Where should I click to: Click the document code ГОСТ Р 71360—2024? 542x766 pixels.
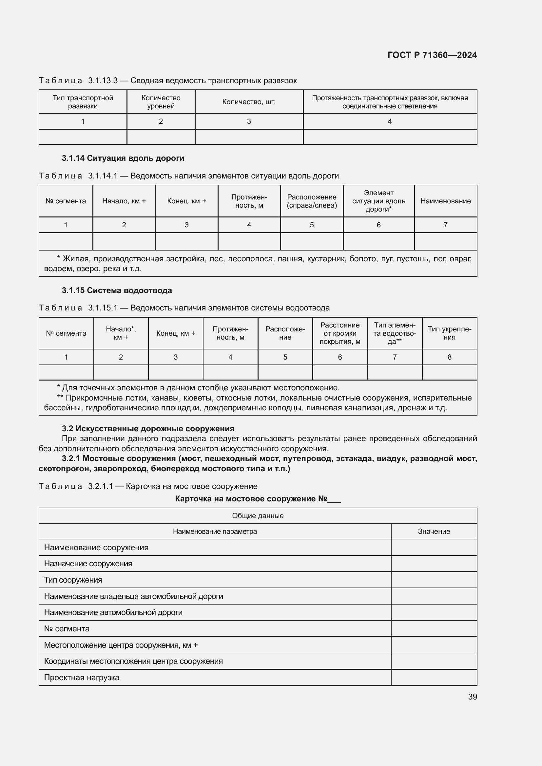click(432, 55)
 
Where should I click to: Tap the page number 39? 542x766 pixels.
click(472, 697)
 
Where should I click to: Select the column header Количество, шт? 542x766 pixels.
click(249, 102)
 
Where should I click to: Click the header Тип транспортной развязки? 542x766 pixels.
click(83, 102)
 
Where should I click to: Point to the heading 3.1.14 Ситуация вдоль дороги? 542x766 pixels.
click(123, 158)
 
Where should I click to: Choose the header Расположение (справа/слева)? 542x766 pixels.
click(312, 201)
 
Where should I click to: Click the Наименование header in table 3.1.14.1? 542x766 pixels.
click(445, 201)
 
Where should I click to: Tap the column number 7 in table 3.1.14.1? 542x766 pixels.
click(445, 225)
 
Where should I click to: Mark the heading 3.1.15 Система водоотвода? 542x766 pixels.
click(117, 290)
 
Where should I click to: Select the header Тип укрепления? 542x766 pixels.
click(449, 333)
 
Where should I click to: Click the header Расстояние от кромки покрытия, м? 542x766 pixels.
click(340, 333)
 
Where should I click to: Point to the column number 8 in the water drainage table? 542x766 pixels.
click(449, 357)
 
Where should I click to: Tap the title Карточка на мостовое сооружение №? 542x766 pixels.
click(257, 499)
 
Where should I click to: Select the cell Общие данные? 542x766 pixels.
click(258, 516)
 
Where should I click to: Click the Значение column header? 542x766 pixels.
click(434, 532)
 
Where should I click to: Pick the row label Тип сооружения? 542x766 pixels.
click(73, 580)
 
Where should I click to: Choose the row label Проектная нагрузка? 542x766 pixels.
click(82, 678)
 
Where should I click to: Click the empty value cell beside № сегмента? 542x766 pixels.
click(434, 629)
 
